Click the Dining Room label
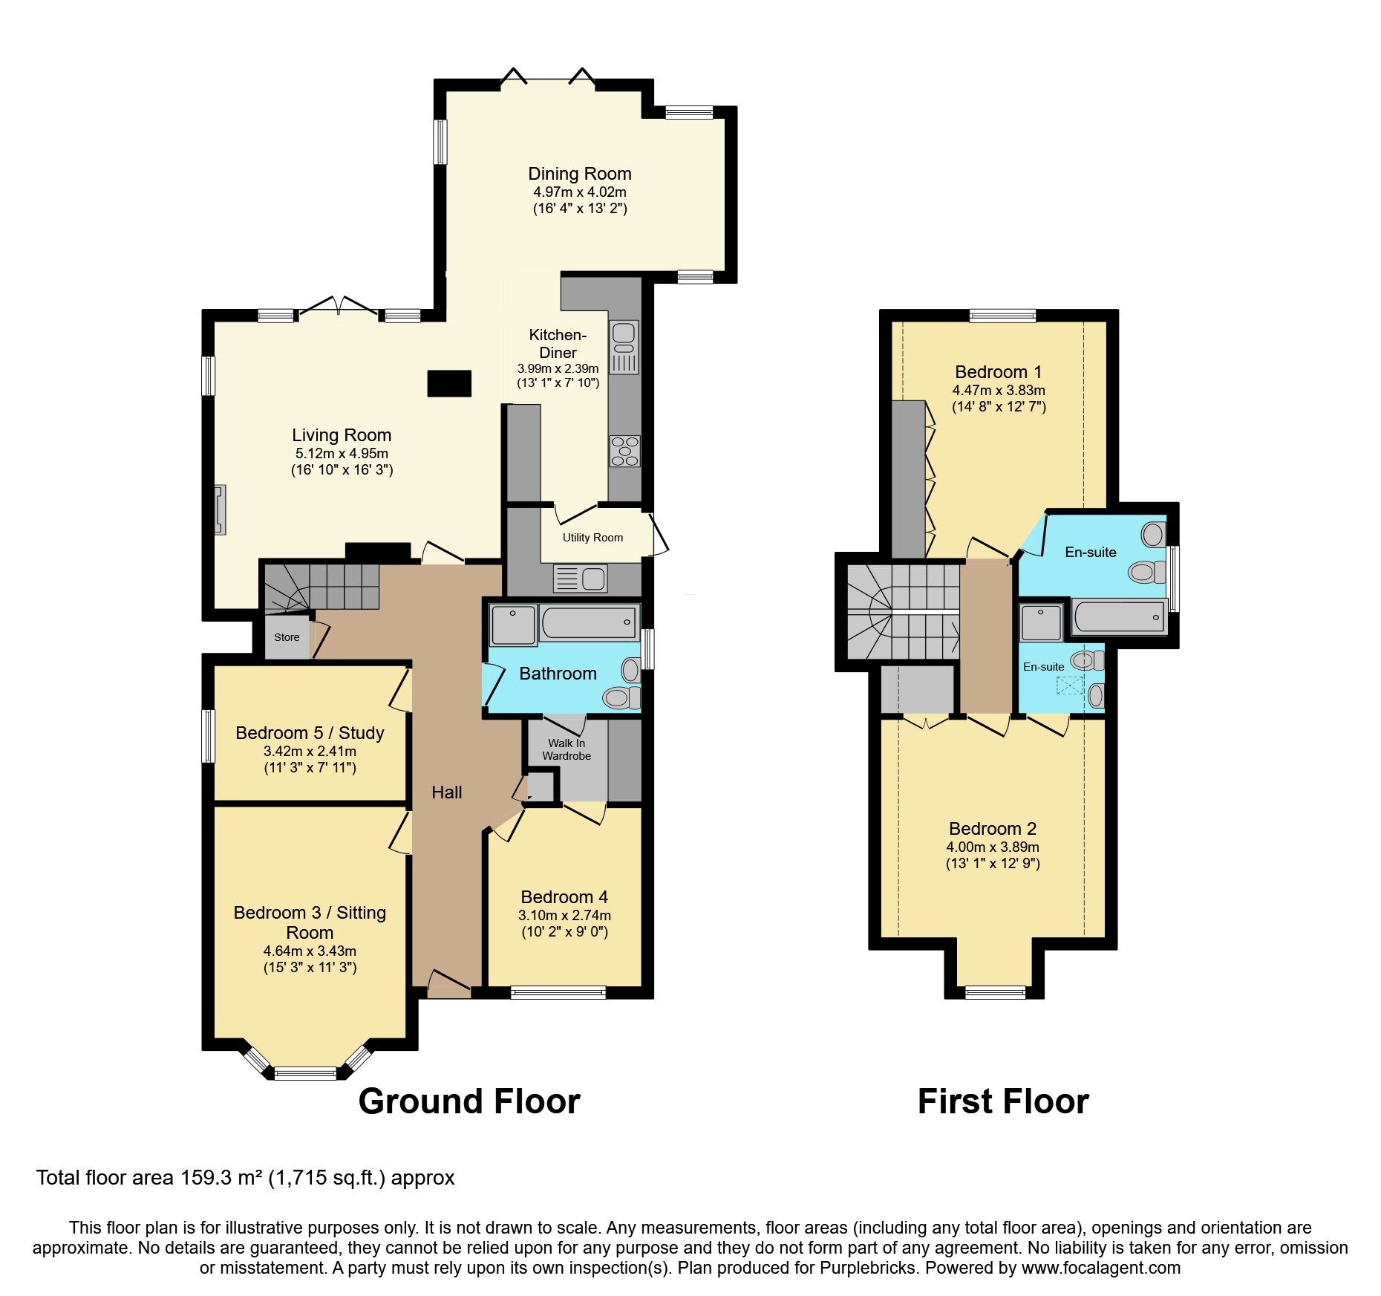tap(579, 174)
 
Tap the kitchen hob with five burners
tap(624, 451)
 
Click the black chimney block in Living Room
tap(449, 383)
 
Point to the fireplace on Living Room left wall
tap(220, 509)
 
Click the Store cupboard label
tap(287, 637)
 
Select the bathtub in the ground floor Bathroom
tap(588, 622)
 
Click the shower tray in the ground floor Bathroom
tap(513, 625)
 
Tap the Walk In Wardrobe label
tap(567, 749)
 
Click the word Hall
tap(446, 792)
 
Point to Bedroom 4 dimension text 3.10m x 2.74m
tap(564, 915)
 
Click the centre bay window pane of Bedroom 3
tap(305, 1072)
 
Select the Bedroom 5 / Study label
tap(310, 733)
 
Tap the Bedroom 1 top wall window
tap(1002, 316)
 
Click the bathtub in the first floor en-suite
tap(1119, 617)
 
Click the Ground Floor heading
tap(469, 1101)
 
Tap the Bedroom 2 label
tap(992, 829)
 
